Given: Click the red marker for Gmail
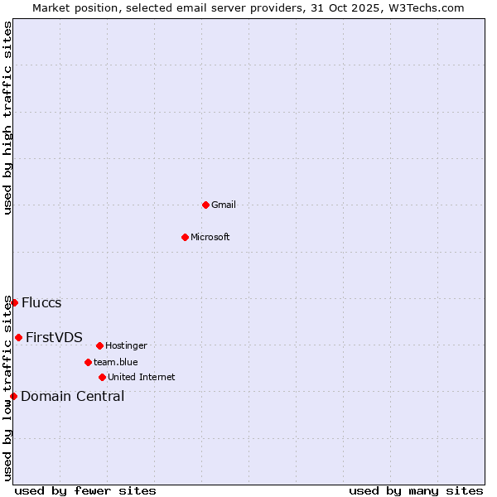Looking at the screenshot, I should [x=205, y=205].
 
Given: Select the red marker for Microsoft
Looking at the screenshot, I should [x=185, y=237].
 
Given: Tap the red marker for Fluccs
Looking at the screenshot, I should [x=14, y=302].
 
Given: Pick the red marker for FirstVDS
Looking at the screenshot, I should [x=18, y=337].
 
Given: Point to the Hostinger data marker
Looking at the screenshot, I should [x=99, y=345].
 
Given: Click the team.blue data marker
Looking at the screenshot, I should [x=88, y=362].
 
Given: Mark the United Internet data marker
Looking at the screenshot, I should [x=102, y=377].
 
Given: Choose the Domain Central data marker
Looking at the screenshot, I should [x=13, y=396].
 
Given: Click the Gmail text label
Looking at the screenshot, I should [x=224, y=205].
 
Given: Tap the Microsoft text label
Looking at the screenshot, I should [x=210, y=237].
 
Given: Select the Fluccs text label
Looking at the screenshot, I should [x=41, y=302].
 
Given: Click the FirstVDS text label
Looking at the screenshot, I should [x=54, y=337].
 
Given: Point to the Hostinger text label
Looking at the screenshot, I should [x=126, y=345].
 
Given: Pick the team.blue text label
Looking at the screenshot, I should [x=116, y=362].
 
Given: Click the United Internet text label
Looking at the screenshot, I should [x=141, y=377].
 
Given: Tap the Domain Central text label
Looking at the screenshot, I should [x=73, y=396].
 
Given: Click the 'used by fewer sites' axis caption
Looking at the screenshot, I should [x=85, y=490].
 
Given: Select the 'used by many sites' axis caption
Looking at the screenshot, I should [x=416, y=490].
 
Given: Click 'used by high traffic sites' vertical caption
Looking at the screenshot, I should [x=7, y=118].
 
